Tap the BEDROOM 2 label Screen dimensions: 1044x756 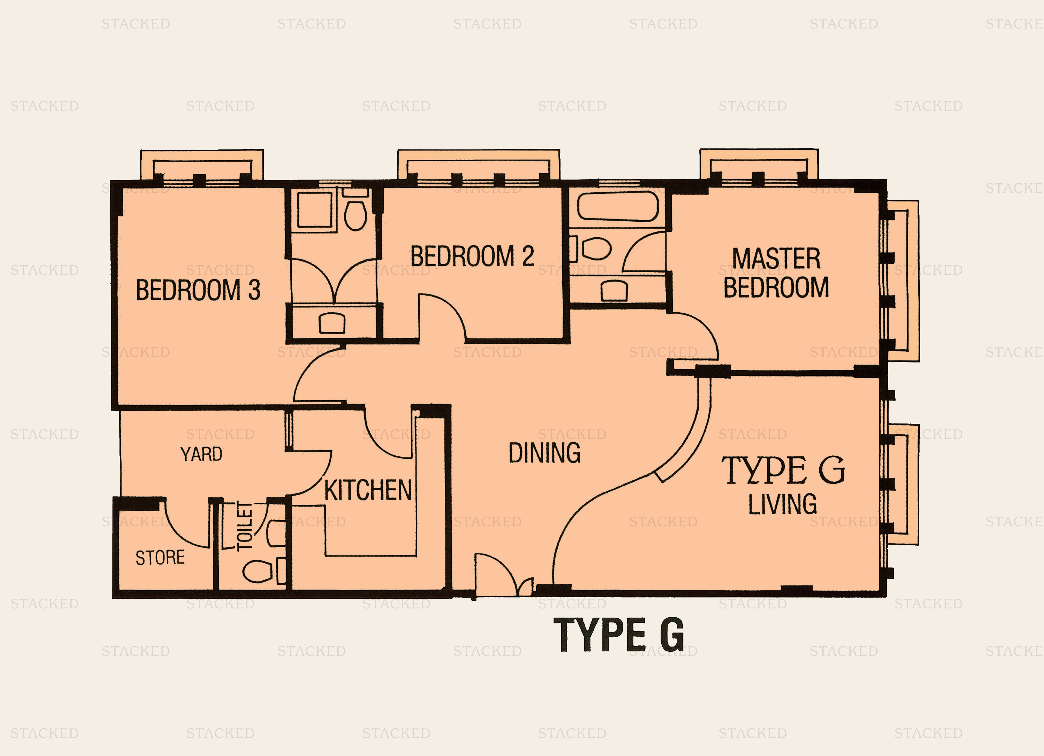(x=472, y=256)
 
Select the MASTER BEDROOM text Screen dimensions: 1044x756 (x=776, y=273)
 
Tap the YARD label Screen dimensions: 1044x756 (x=201, y=455)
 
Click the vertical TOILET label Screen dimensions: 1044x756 (x=244, y=526)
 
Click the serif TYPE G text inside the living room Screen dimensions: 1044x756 (x=783, y=470)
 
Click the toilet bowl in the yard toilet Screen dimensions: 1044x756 (x=258, y=571)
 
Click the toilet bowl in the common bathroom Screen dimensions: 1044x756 (x=356, y=216)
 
